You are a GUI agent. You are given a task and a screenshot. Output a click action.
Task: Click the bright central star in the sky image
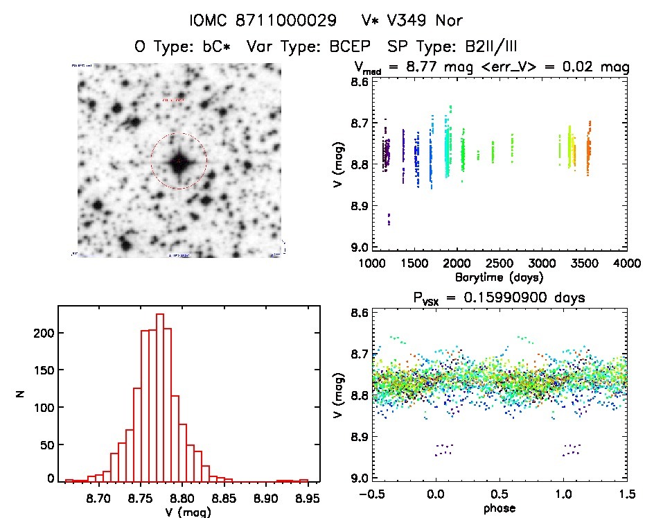(x=179, y=162)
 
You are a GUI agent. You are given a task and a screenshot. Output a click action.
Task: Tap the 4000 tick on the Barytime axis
(x=626, y=264)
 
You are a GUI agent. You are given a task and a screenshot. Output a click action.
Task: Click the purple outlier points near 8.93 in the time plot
(x=389, y=219)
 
